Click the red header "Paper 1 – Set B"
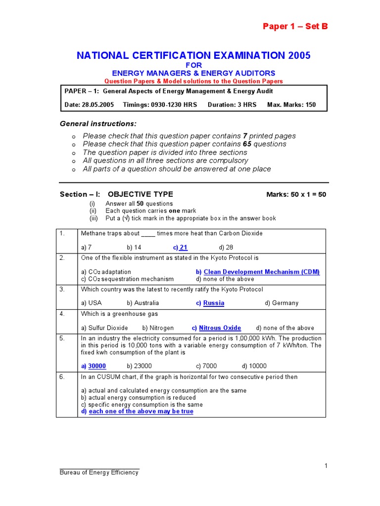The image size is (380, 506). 295,27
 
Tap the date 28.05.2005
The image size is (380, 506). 96,105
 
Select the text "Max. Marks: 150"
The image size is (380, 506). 291,105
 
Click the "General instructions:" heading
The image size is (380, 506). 98,123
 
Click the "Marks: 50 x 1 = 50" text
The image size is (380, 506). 296,194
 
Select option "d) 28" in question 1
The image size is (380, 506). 226,248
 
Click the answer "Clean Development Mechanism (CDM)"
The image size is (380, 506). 258,272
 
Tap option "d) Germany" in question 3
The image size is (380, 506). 281,303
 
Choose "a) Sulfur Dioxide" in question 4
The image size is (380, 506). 104,328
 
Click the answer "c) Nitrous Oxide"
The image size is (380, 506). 216,328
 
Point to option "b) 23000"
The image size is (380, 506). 139,366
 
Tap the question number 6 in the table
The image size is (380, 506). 62,377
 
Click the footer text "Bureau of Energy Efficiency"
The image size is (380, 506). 99,472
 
